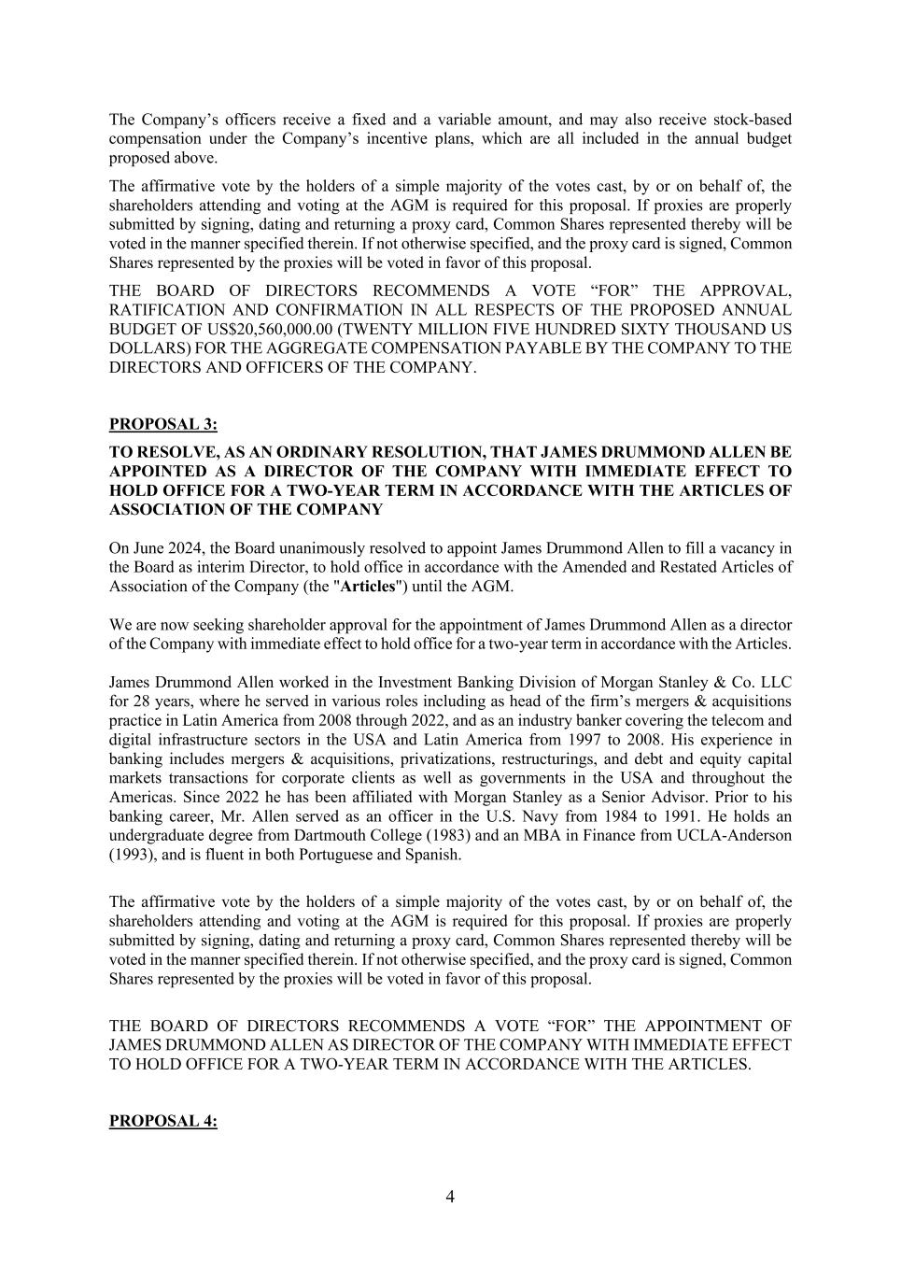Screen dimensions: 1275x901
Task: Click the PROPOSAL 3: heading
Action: pyautogui.click(x=163, y=424)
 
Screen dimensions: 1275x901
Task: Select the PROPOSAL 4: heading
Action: pyautogui.click(x=163, y=1121)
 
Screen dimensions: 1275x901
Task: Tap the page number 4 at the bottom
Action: pyautogui.click(x=450, y=1197)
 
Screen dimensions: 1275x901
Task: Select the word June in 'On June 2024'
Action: pyautogui.click(x=149, y=547)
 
